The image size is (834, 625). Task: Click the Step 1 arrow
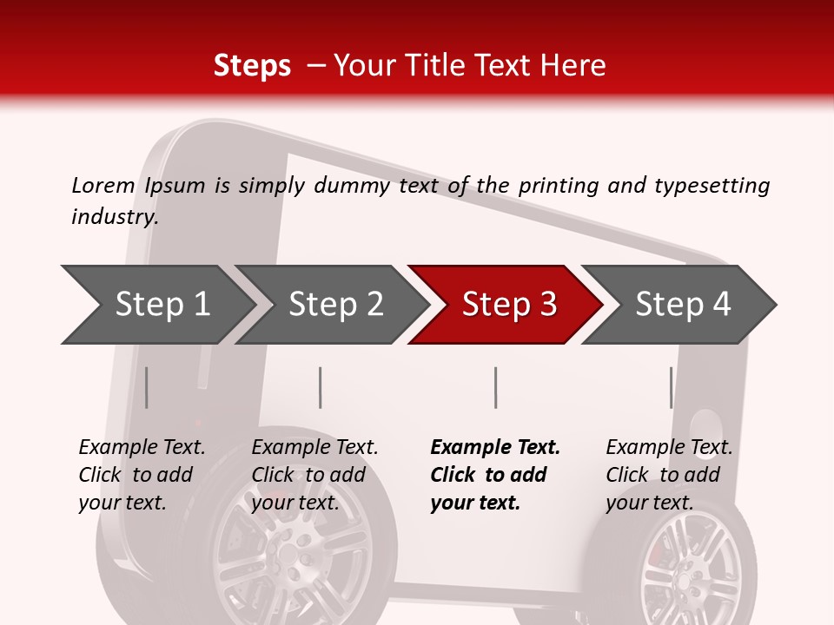point(162,305)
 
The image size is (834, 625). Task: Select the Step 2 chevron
point(335,305)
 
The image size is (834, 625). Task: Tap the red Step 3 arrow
point(509,305)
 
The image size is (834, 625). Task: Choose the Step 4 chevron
point(683,305)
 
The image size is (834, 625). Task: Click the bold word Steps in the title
point(252,65)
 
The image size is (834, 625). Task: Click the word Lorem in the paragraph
point(103,185)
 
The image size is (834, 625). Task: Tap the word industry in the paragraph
point(114,216)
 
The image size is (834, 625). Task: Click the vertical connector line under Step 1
point(146,387)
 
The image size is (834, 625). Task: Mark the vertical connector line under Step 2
point(321,387)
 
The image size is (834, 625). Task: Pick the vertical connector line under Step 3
point(495,387)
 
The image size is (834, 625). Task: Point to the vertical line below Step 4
point(671,387)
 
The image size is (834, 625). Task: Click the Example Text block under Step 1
point(142,475)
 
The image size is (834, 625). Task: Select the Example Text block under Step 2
point(314,475)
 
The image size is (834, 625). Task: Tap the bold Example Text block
point(494,475)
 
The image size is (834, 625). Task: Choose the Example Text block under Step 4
point(669,475)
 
